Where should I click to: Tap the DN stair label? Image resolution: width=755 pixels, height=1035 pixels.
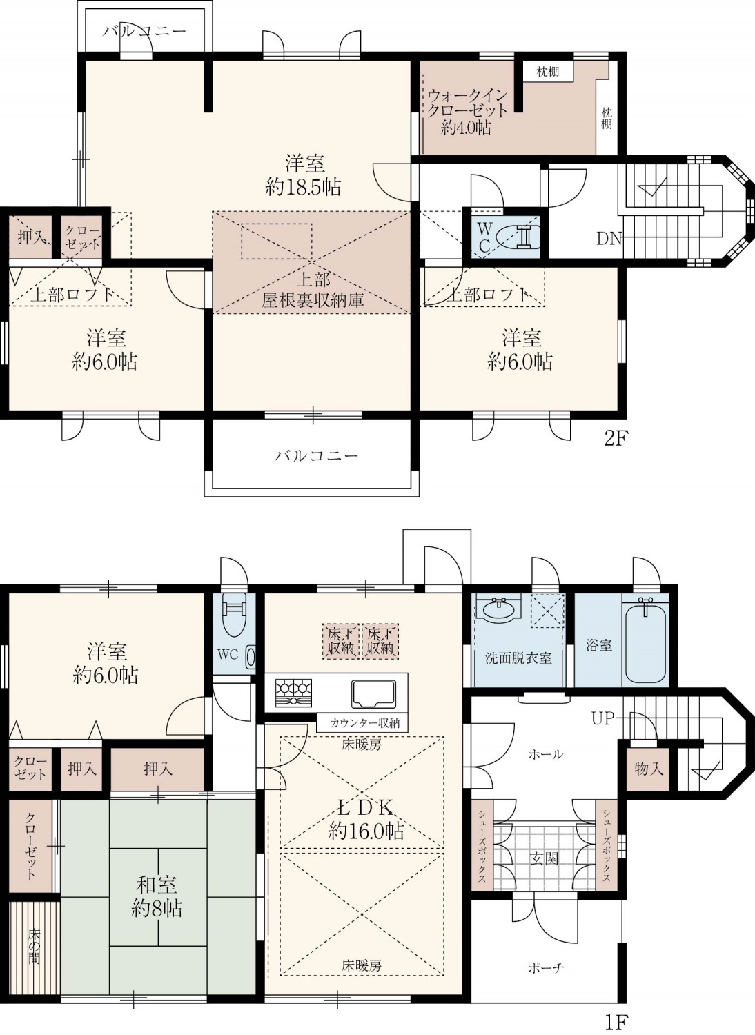(609, 239)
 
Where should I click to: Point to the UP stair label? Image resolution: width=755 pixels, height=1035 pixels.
(603, 719)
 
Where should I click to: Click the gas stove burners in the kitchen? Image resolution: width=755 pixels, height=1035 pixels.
(293, 693)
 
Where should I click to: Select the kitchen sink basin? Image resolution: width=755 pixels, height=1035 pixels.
(373, 693)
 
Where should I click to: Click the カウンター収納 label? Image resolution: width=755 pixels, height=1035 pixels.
(364, 723)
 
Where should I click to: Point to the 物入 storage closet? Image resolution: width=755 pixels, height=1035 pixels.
(648, 769)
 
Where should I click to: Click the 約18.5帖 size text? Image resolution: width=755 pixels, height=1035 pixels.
(303, 187)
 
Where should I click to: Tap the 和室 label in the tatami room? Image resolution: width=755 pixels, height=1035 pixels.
(156, 885)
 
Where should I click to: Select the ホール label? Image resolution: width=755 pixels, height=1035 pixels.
(546, 755)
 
